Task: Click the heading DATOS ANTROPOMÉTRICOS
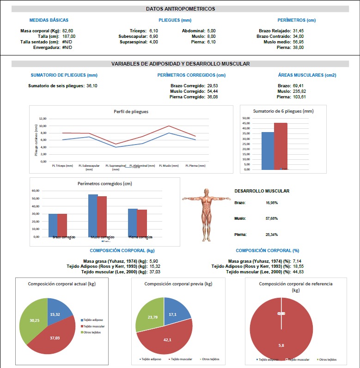pyautogui.click(x=180, y=9)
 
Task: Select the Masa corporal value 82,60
pyautogui.click(x=68, y=30)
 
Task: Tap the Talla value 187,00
pyautogui.click(x=68, y=36)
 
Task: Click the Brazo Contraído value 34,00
pyautogui.click(x=299, y=36)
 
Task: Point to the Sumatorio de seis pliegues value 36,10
pyautogui.click(x=92, y=85)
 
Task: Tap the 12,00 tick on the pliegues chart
pyautogui.click(x=43, y=118)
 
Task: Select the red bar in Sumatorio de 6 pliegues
pyautogui.click(x=281, y=146)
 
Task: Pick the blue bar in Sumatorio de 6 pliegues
pyautogui.click(x=268, y=151)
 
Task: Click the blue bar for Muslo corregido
pyautogui.click(x=93, y=216)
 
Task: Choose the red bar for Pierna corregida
pyautogui.click(x=142, y=223)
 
